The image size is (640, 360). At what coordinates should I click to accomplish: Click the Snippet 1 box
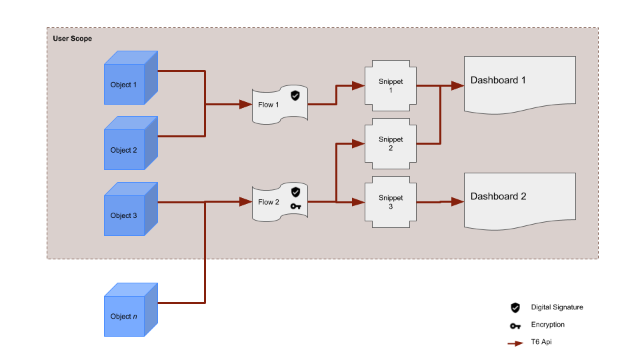(x=391, y=85)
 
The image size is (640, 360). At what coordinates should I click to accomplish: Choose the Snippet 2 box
(x=391, y=143)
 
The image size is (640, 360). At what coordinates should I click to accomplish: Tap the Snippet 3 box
(x=391, y=201)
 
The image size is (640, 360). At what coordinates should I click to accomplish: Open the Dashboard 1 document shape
(x=519, y=84)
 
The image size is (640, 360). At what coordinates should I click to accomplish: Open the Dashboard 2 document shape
(x=519, y=200)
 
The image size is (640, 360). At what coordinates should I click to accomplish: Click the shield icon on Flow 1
(x=295, y=95)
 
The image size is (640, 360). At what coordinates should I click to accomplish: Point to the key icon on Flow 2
(x=296, y=207)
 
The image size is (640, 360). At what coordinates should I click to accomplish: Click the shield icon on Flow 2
(x=296, y=192)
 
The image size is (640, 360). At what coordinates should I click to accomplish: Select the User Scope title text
(x=73, y=39)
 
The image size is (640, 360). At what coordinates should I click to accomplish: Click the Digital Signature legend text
(x=557, y=307)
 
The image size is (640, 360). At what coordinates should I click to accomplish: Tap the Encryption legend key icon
(x=515, y=325)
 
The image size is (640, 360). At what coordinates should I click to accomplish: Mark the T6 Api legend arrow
(x=515, y=343)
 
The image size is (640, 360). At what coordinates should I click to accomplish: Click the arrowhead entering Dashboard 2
(x=457, y=201)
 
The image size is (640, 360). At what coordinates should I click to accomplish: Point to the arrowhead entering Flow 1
(x=245, y=105)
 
